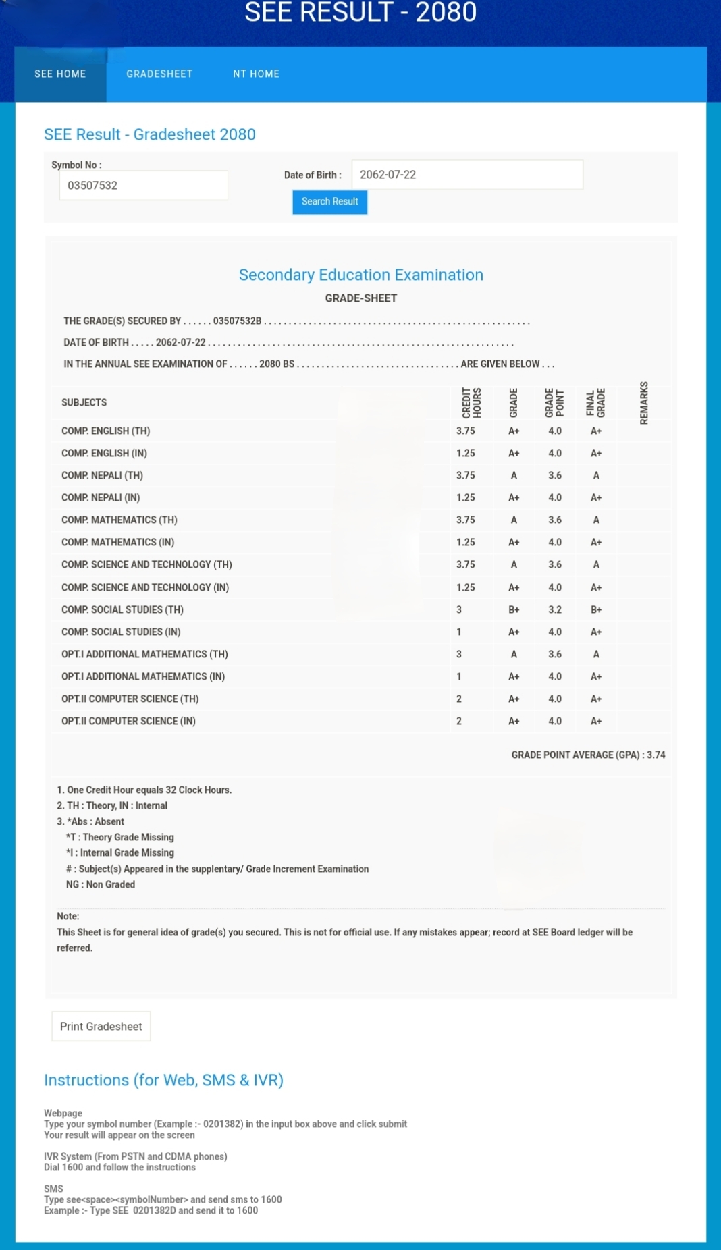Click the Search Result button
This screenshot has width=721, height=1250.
coord(329,202)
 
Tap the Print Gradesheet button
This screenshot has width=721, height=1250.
coord(101,1027)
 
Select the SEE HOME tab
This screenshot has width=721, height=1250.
coord(60,74)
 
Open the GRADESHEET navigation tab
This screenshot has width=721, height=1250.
coord(159,74)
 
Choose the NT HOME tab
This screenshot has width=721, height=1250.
coord(256,74)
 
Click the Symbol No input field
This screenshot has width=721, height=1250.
coord(143,186)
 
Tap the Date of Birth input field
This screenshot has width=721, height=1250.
coord(466,175)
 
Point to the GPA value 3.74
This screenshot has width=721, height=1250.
coord(656,755)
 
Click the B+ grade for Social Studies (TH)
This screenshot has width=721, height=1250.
coord(514,609)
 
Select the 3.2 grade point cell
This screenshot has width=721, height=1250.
coord(555,609)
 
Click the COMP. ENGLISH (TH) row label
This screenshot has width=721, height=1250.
coord(106,431)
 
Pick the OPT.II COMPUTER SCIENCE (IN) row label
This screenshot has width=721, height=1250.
coord(128,721)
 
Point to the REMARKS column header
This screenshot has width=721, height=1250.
coord(644,403)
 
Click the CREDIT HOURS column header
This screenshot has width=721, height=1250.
coord(471,403)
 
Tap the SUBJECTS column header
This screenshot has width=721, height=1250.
coord(84,402)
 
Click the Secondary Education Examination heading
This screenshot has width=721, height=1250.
coord(360,275)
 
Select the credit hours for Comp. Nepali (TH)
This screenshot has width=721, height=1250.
coord(465,475)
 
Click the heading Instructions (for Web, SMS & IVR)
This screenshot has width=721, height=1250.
coord(163,1080)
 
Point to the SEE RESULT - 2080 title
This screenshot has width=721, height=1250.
coord(360,12)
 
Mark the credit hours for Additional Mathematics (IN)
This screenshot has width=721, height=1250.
coord(459,676)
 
